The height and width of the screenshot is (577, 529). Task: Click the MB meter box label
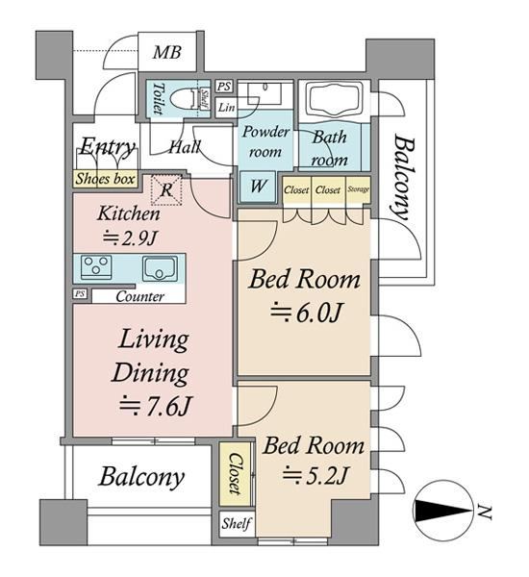click(x=166, y=52)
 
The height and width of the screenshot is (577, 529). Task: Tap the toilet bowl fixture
click(x=182, y=98)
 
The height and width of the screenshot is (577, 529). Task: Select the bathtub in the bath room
click(x=335, y=98)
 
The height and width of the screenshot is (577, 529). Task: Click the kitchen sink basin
click(x=160, y=268)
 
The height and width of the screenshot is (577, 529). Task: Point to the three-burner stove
click(x=96, y=266)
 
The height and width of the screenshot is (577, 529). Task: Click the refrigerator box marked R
click(x=166, y=189)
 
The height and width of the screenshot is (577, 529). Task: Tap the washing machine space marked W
click(x=258, y=187)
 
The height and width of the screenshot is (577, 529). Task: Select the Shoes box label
click(x=105, y=179)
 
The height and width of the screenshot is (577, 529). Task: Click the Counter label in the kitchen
click(x=139, y=296)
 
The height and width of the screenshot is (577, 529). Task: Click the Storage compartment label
click(x=358, y=189)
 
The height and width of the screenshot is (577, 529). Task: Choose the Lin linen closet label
click(x=226, y=108)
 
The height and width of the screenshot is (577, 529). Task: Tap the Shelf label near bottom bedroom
click(x=237, y=523)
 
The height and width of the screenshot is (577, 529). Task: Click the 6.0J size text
click(x=306, y=313)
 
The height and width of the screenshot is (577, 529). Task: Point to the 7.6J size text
click(x=156, y=406)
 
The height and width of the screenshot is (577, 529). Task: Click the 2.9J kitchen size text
click(x=130, y=238)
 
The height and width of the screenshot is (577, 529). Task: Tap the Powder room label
click(x=265, y=141)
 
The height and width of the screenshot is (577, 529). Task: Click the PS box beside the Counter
click(x=80, y=293)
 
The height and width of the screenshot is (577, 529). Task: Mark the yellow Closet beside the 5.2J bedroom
click(x=235, y=473)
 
